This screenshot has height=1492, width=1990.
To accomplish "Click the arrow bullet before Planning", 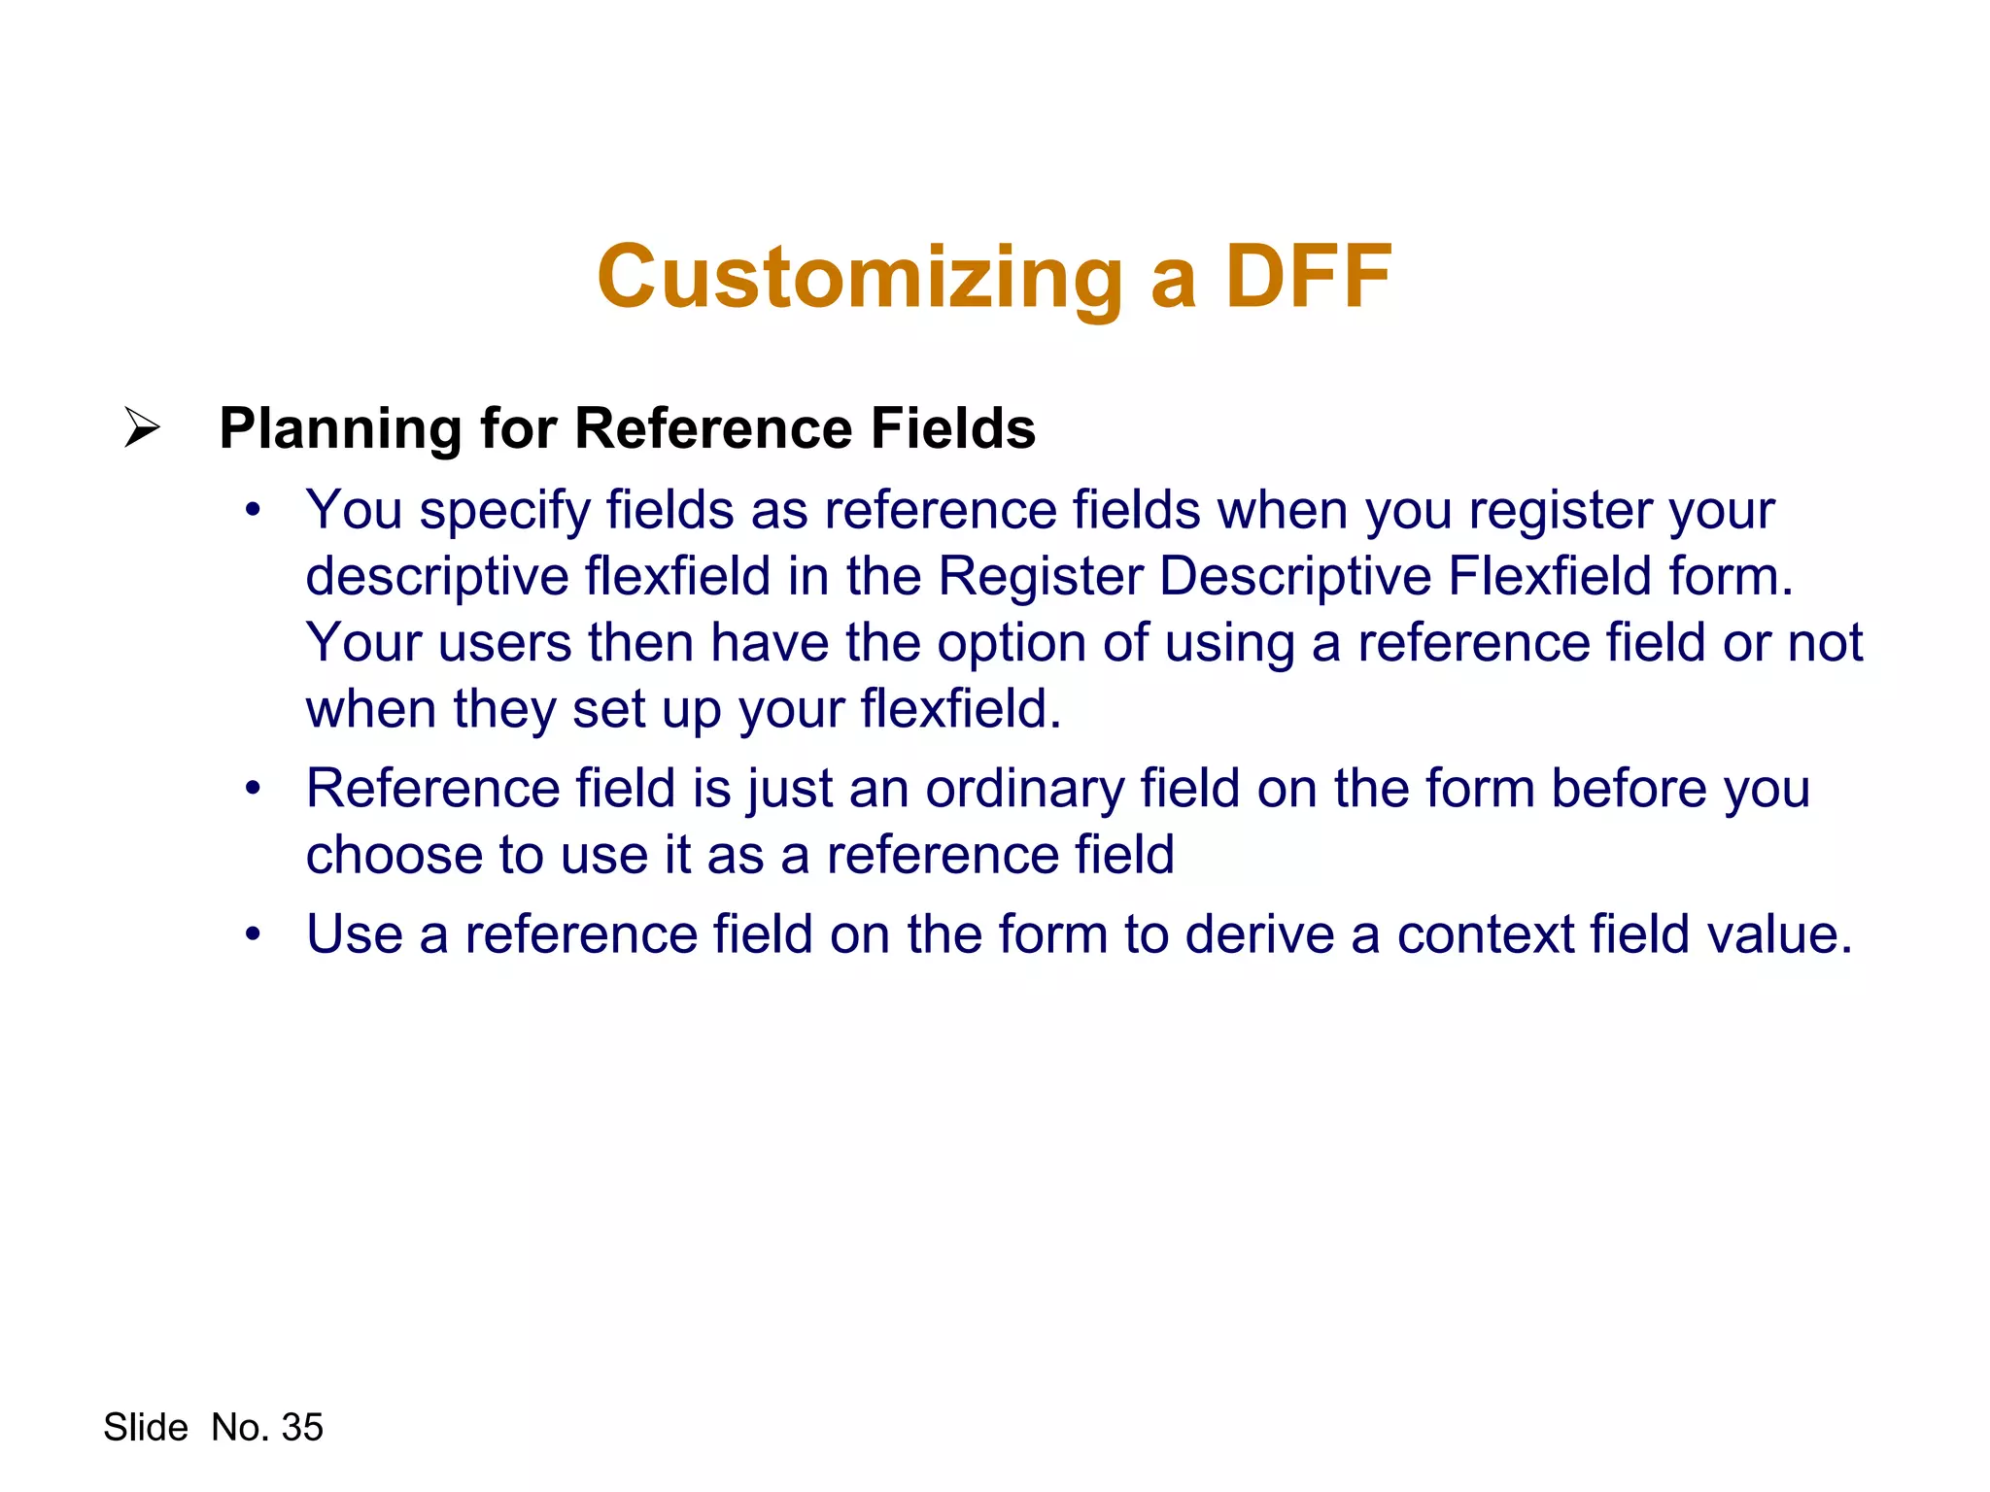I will pyautogui.click(x=142, y=427).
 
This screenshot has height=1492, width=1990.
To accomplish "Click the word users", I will pyautogui.click(x=504, y=643).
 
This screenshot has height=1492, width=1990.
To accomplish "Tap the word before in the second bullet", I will pyautogui.click(x=1629, y=788).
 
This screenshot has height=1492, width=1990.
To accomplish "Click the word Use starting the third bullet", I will pyautogui.click(x=354, y=934).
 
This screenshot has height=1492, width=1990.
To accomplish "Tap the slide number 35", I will pyautogui.click(x=301, y=1428).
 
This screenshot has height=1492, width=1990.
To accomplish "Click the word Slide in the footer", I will pyautogui.click(x=146, y=1428).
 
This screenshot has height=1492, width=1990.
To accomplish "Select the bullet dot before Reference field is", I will pyautogui.click(x=254, y=789).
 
